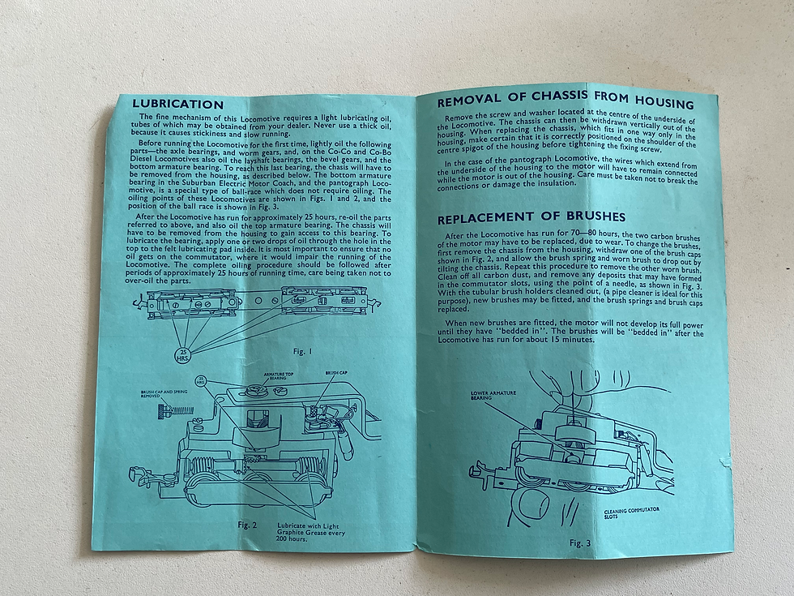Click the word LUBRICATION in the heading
pyautogui.click(x=177, y=105)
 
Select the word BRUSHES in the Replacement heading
pyautogui.click(x=596, y=217)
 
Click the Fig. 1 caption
pyautogui.click(x=303, y=351)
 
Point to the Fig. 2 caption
pyautogui.click(x=247, y=525)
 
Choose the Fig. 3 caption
pyautogui.click(x=580, y=543)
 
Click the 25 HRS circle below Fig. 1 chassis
pyautogui.click(x=183, y=355)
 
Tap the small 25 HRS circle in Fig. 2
pyautogui.click(x=202, y=380)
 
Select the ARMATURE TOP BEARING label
pyautogui.click(x=278, y=376)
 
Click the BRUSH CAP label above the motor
pyautogui.click(x=336, y=373)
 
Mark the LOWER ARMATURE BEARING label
pyautogui.click(x=493, y=395)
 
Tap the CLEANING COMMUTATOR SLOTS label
pyautogui.click(x=631, y=512)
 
